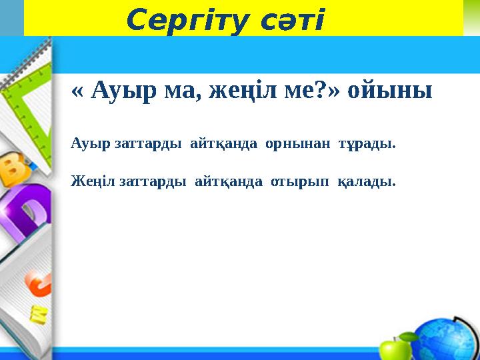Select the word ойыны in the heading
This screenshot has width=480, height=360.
pos(395,91)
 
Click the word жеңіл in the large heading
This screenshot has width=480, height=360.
pos(239,91)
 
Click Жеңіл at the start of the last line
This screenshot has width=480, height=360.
pos(93,181)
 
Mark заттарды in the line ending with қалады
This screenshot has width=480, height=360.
pos(153,181)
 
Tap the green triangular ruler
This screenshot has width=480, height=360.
pos(27,107)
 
